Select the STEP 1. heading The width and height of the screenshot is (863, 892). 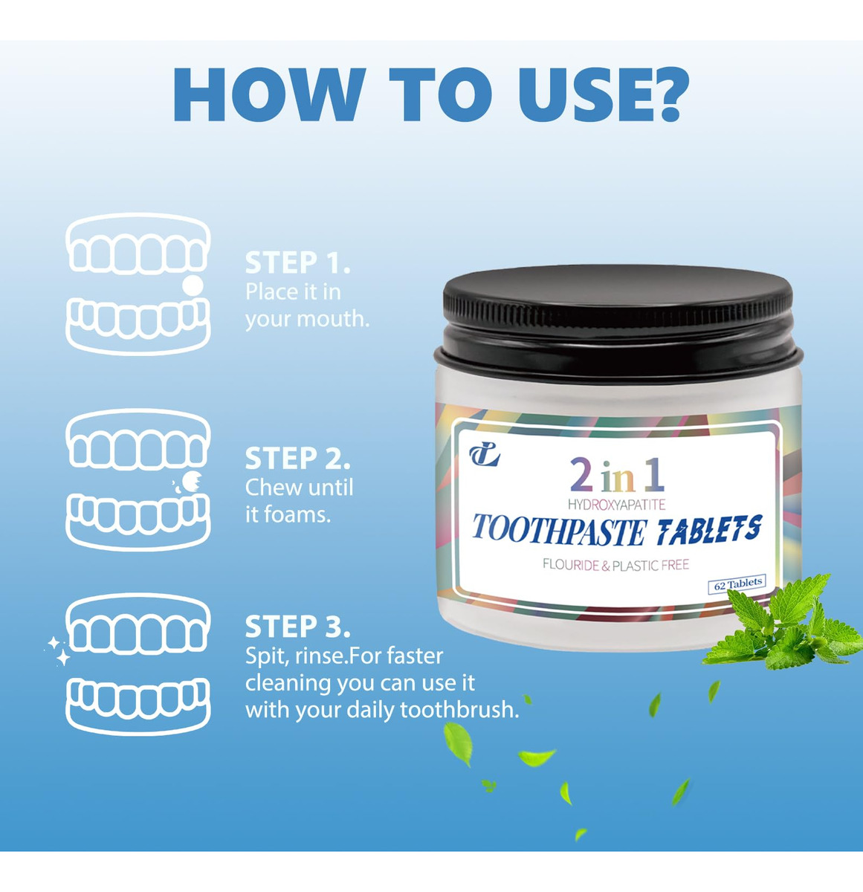pos(297,262)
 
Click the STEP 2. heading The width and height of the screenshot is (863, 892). pos(297,459)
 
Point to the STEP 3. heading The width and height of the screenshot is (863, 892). pos(297,627)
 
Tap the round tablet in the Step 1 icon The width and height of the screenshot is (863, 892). pos(193,285)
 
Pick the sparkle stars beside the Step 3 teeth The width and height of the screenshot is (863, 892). pos(58,650)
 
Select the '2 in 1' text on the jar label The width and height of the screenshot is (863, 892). pos(617,475)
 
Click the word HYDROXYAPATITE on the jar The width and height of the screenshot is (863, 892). pos(616,505)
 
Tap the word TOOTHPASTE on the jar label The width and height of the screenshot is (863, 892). pos(559,531)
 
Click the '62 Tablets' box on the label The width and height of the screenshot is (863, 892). pos(737,584)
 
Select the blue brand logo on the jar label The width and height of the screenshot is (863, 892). pos(485,456)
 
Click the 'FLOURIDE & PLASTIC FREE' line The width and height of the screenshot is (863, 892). pos(615,565)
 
